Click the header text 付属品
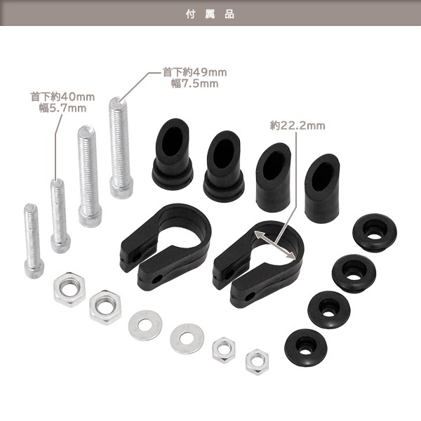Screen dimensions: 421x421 click(x=210, y=14)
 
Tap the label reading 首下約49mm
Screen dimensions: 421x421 click(x=194, y=72)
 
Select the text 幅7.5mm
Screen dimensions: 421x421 click(x=194, y=83)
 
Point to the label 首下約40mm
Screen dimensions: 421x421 click(x=62, y=97)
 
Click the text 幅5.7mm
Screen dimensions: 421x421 click(x=63, y=108)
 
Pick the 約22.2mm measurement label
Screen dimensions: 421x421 click(x=298, y=126)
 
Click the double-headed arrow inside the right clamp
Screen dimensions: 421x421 click(x=274, y=245)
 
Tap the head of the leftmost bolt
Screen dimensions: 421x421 click(x=34, y=269)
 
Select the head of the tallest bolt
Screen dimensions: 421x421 click(x=121, y=189)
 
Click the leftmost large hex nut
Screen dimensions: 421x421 click(x=69, y=289)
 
